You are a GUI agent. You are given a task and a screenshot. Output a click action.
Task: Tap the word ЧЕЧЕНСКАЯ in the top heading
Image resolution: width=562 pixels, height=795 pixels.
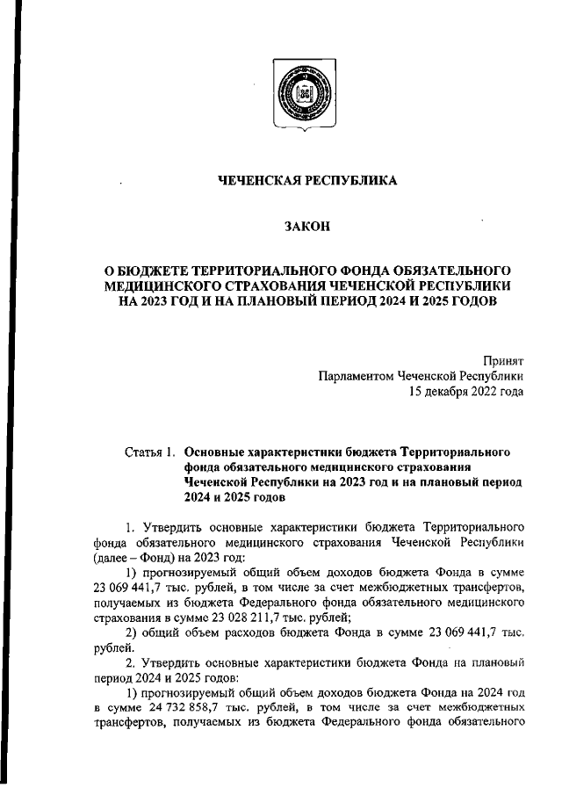click(x=261, y=181)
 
